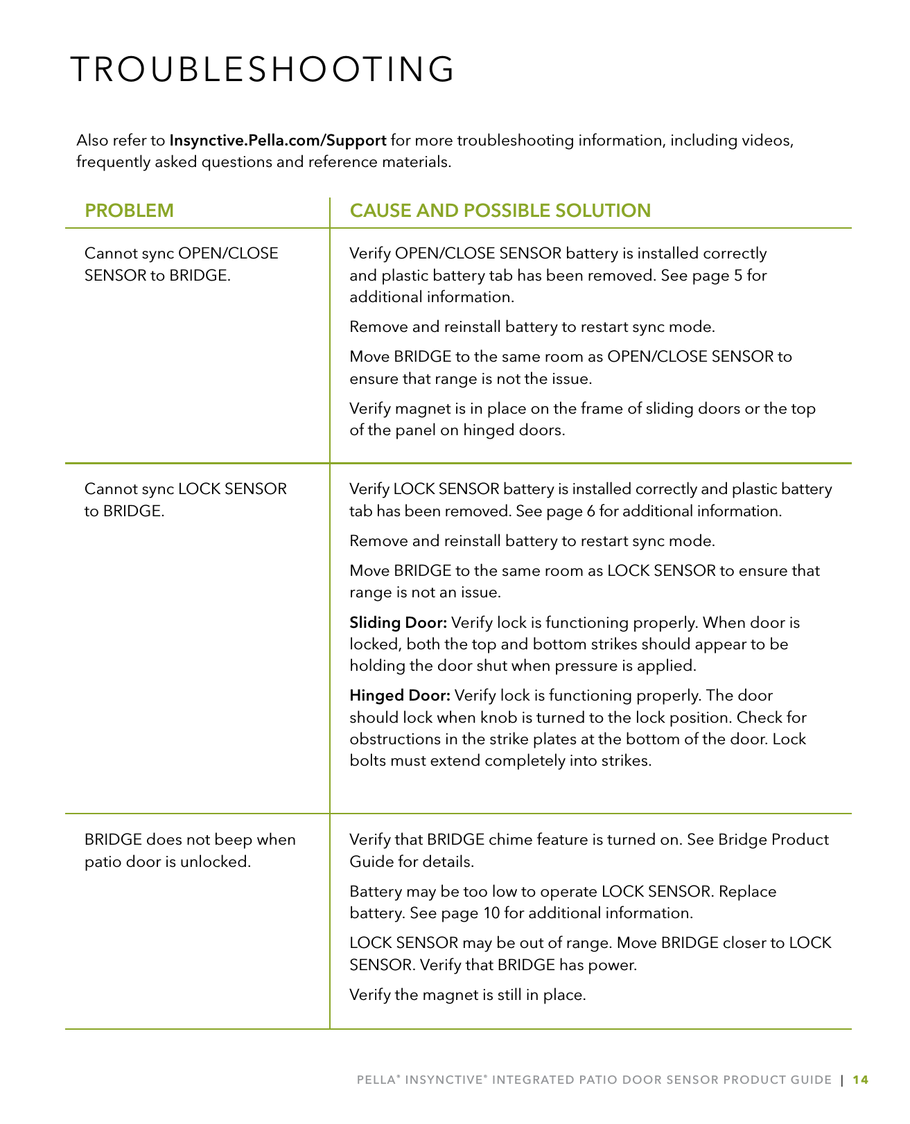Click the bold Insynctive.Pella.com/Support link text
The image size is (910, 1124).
[x=278, y=141]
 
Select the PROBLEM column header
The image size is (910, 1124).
[x=129, y=211]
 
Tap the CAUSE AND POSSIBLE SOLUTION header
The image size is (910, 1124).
[x=500, y=211]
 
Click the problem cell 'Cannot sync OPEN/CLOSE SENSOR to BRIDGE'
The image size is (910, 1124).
[x=181, y=264]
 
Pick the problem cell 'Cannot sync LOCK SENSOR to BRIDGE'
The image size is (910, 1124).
[x=185, y=500]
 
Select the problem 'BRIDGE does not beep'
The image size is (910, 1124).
[x=190, y=850]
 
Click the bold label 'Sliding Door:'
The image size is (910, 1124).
[x=398, y=623]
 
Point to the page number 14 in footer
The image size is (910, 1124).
[x=860, y=1080]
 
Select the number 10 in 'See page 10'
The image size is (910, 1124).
[x=491, y=913]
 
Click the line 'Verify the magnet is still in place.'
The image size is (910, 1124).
[x=468, y=995]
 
